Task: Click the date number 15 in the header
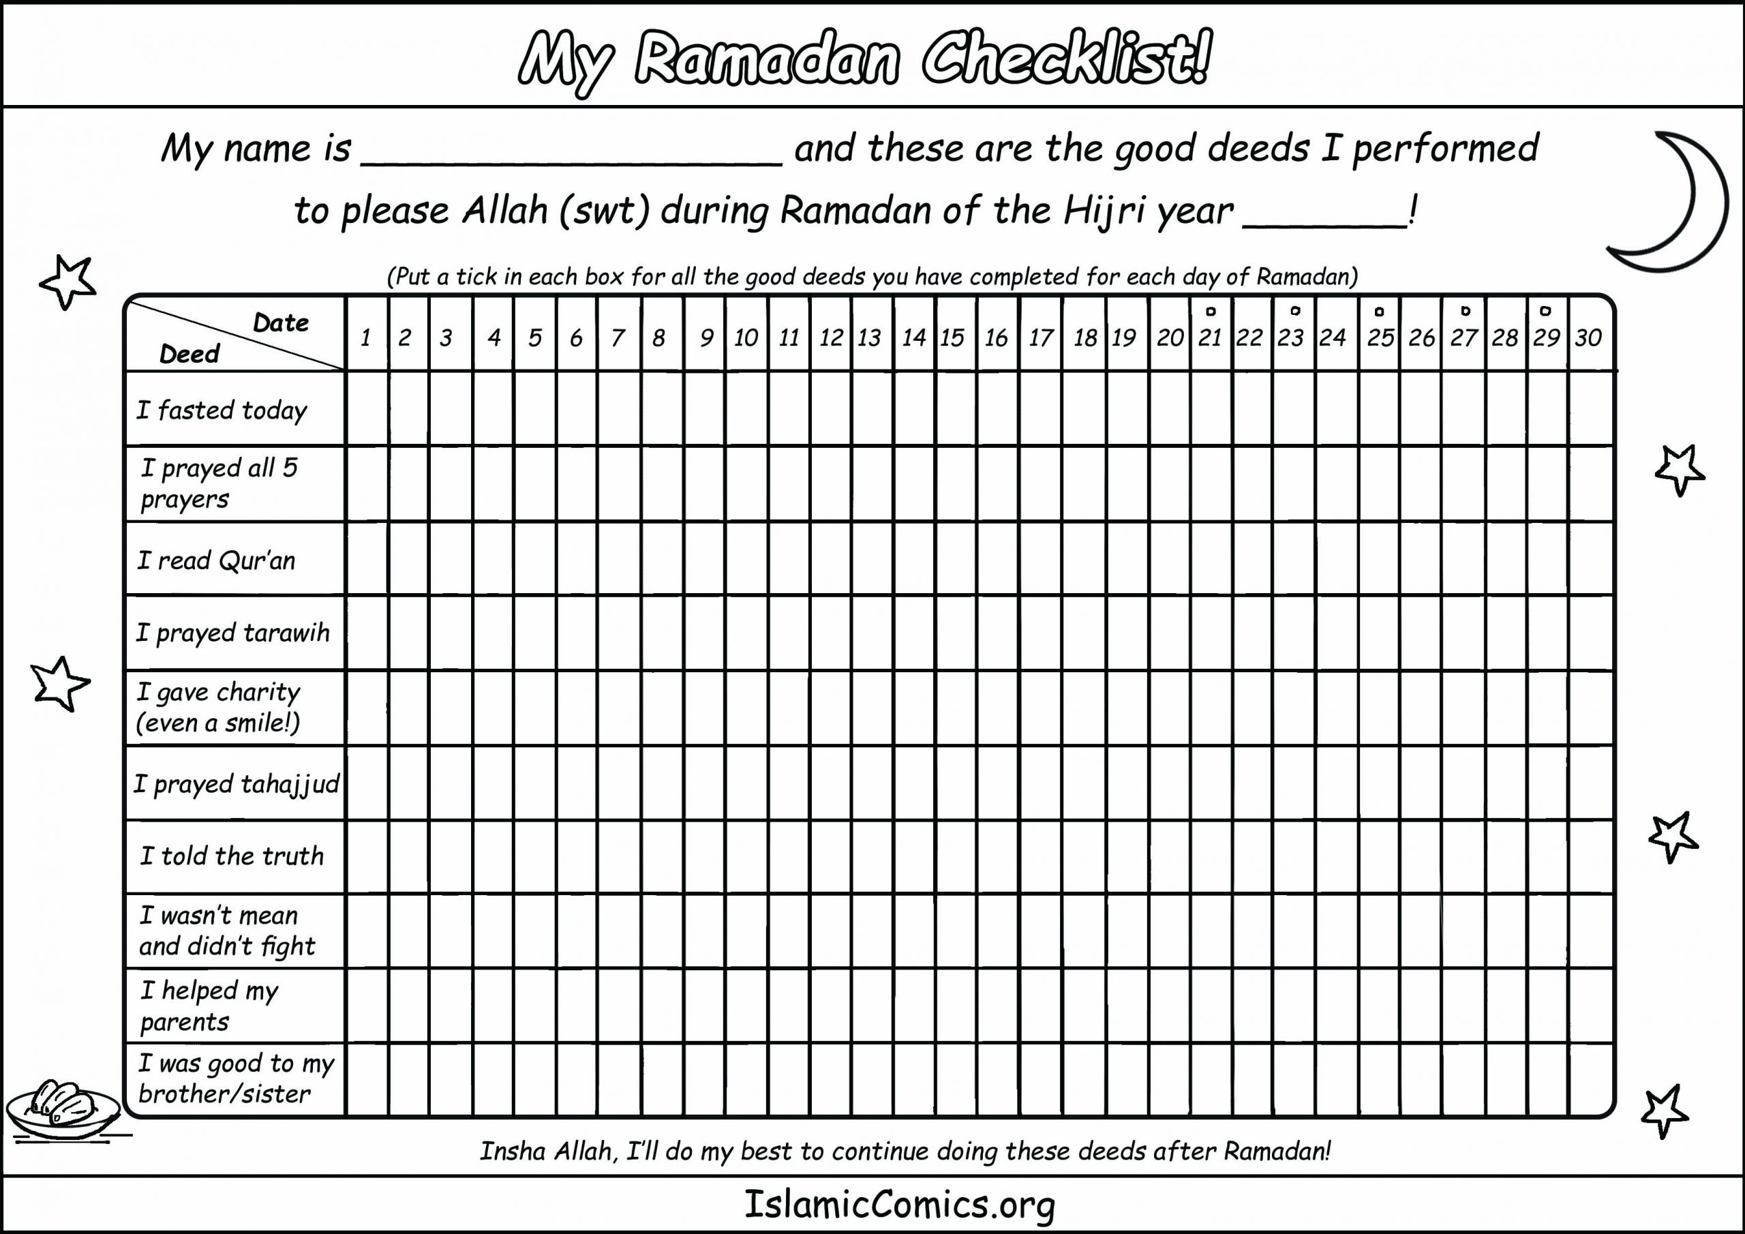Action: point(952,337)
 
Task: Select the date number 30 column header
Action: point(1588,337)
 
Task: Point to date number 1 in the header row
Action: point(365,337)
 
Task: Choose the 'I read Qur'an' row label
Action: point(217,560)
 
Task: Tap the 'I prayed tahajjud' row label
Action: point(237,784)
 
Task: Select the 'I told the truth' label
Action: point(232,856)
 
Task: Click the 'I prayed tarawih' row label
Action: point(232,633)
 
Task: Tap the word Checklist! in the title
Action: point(1064,59)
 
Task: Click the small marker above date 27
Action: point(1466,311)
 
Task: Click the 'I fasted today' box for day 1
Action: point(367,409)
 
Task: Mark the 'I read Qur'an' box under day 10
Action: point(746,559)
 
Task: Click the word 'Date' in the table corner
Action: point(280,323)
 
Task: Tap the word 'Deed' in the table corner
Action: point(189,355)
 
